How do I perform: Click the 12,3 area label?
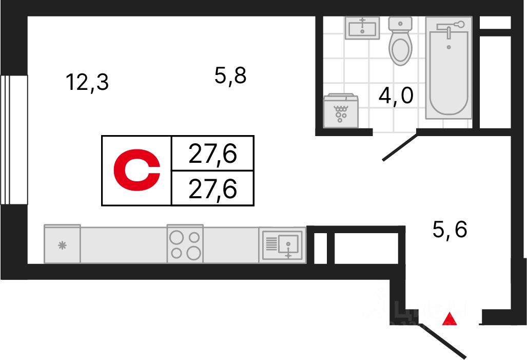click(x=88, y=82)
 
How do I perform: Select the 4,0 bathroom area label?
click(x=396, y=96)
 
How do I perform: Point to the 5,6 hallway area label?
click(x=450, y=230)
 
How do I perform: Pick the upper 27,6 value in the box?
click(x=212, y=154)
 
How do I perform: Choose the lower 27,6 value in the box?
click(x=212, y=190)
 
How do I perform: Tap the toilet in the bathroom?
click(x=401, y=42)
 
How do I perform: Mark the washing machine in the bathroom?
click(x=341, y=110)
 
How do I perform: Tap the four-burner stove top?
click(x=185, y=244)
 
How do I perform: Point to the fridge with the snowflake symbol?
click(x=62, y=245)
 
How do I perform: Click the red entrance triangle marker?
click(x=450, y=319)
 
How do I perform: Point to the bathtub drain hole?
click(x=449, y=47)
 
